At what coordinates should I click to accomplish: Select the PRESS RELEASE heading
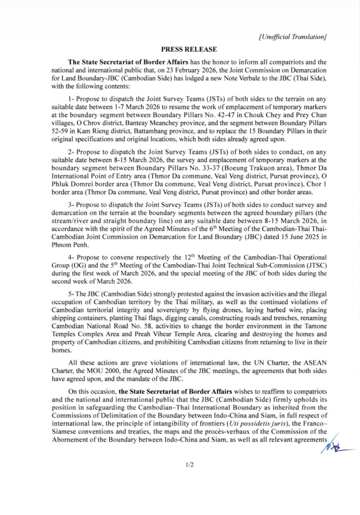[189, 49]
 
